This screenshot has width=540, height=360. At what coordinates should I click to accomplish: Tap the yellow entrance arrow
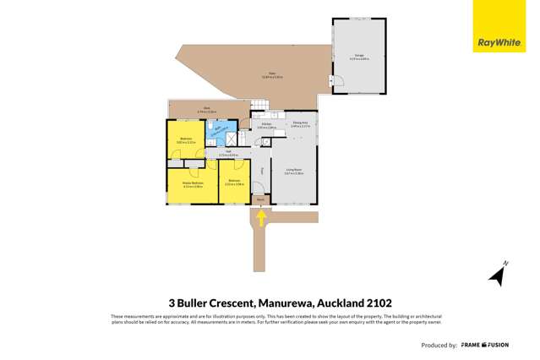(261, 219)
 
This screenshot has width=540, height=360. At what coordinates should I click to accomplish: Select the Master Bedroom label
(193, 183)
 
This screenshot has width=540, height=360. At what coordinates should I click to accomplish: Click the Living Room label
(294, 172)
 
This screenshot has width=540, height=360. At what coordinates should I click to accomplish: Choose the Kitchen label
(266, 125)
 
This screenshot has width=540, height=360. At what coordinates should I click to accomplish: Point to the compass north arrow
(498, 274)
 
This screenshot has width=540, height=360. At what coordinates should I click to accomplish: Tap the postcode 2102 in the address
(379, 303)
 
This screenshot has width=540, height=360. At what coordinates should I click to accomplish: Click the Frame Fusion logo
(497, 345)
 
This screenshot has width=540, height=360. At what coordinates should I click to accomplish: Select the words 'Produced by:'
(439, 345)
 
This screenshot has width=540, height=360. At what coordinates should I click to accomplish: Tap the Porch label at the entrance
(260, 200)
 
